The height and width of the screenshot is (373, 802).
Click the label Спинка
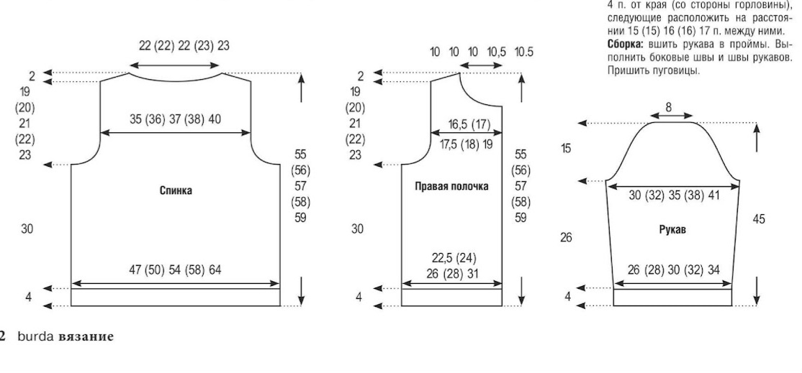coord(176,191)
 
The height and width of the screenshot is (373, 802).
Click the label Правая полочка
coord(451,186)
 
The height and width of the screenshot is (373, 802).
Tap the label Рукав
coord(672,230)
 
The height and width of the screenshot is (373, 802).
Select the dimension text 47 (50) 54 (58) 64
coord(175,270)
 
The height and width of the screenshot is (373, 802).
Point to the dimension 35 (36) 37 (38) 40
coord(176,120)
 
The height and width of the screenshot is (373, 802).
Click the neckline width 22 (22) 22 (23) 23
coord(184,46)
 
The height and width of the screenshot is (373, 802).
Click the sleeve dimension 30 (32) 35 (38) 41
coord(674,195)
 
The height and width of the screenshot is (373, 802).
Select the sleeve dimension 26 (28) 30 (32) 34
coord(673,270)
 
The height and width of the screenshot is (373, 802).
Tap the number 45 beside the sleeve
coord(759,219)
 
